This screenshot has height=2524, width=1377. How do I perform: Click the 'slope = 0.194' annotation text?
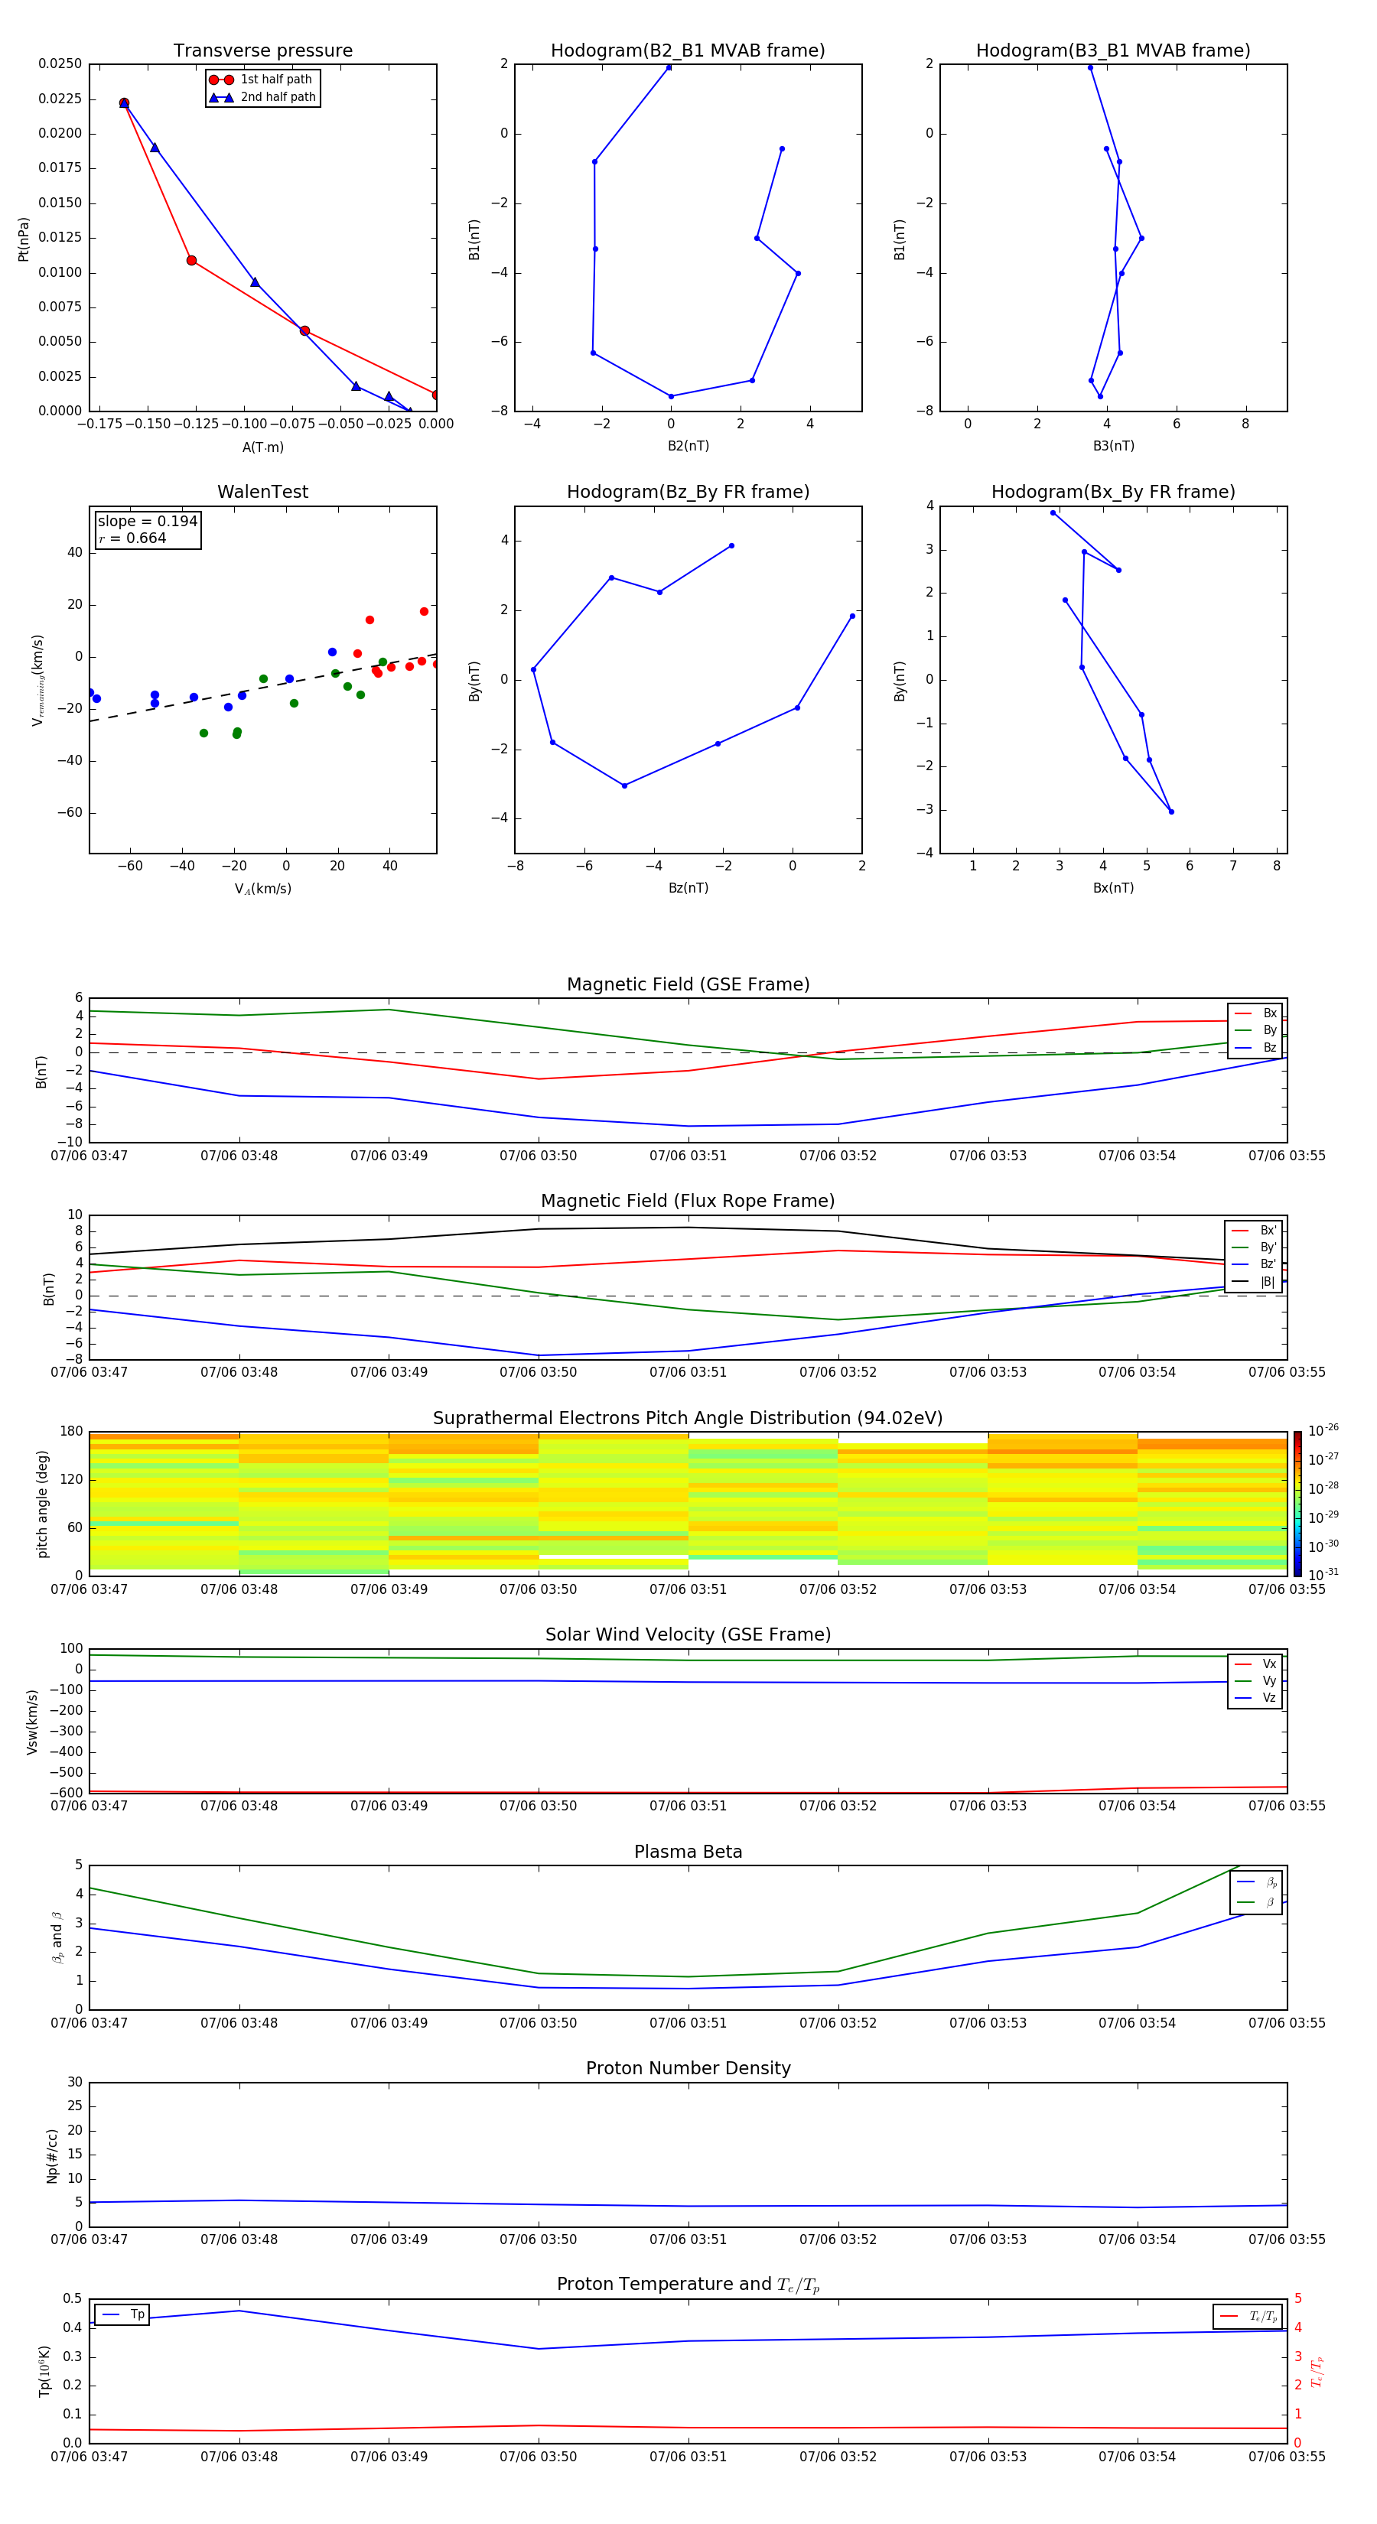(147, 522)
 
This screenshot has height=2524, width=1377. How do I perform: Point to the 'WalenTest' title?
(262, 492)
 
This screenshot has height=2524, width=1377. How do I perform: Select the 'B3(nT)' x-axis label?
(1113, 446)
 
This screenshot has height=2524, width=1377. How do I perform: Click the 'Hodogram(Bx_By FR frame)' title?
(1112, 492)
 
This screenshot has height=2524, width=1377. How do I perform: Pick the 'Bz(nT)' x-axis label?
(688, 888)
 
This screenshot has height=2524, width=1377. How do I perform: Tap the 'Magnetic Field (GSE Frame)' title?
(688, 984)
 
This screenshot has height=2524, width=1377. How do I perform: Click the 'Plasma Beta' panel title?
(688, 1852)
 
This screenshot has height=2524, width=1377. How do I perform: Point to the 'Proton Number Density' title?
(688, 2068)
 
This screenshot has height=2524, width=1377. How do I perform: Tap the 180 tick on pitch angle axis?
(72, 1432)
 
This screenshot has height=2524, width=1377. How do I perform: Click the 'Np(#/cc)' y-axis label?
(52, 2155)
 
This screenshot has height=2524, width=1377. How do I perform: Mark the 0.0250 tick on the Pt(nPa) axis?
(60, 63)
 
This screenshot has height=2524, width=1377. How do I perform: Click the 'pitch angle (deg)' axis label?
(42, 1504)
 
